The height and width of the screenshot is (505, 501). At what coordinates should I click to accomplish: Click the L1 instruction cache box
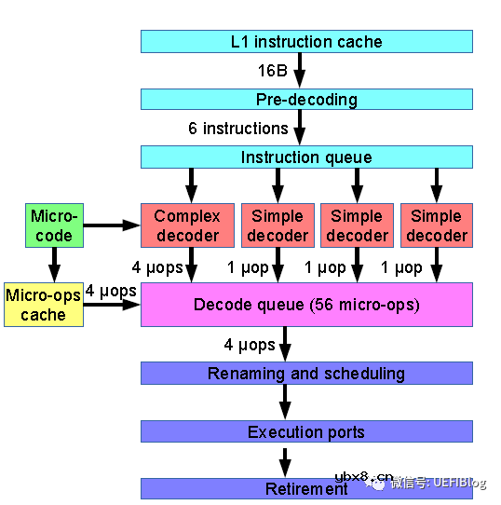click(306, 41)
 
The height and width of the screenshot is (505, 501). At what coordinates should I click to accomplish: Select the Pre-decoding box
click(306, 100)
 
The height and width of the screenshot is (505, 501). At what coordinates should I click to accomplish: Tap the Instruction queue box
click(306, 157)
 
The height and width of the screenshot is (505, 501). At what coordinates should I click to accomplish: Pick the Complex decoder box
click(187, 225)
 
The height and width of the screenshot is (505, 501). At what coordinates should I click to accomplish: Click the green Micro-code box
click(53, 225)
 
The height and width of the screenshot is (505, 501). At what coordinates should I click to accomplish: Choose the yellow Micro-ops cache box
click(43, 305)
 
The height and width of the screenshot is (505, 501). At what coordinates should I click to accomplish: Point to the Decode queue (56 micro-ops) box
click(306, 305)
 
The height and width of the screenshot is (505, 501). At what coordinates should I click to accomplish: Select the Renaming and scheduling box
click(306, 374)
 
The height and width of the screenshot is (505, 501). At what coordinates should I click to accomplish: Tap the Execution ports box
click(306, 431)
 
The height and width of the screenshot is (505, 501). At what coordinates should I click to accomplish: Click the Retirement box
click(306, 489)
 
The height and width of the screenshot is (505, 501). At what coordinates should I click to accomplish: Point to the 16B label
click(272, 71)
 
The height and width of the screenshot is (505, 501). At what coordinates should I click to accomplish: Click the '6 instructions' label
click(238, 129)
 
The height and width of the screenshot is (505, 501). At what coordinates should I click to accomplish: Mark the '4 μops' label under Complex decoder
click(157, 267)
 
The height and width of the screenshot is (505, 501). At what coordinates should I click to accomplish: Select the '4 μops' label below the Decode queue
click(250, 345)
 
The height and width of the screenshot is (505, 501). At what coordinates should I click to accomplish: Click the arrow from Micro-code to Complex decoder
click(111, 225)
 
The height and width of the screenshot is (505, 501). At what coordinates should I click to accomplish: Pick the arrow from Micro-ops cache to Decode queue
click(112, 305)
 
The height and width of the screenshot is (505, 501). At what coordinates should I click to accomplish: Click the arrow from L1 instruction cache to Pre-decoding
click(300, 71)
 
